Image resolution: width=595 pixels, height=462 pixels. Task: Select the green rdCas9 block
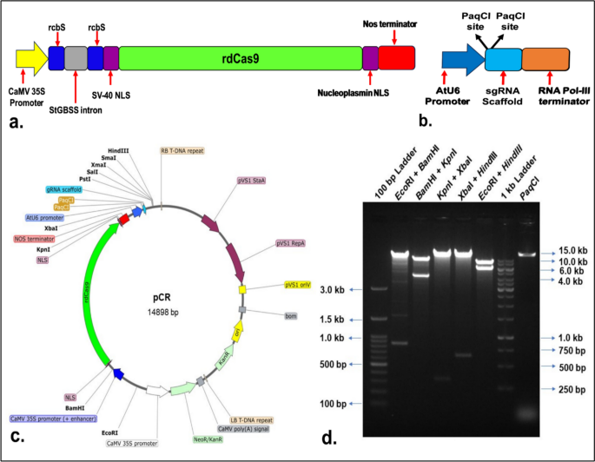240,58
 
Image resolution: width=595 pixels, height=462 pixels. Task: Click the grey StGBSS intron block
76,58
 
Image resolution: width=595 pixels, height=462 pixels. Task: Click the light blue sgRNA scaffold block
503,59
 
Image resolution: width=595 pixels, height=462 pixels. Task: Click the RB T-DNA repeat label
182,150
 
